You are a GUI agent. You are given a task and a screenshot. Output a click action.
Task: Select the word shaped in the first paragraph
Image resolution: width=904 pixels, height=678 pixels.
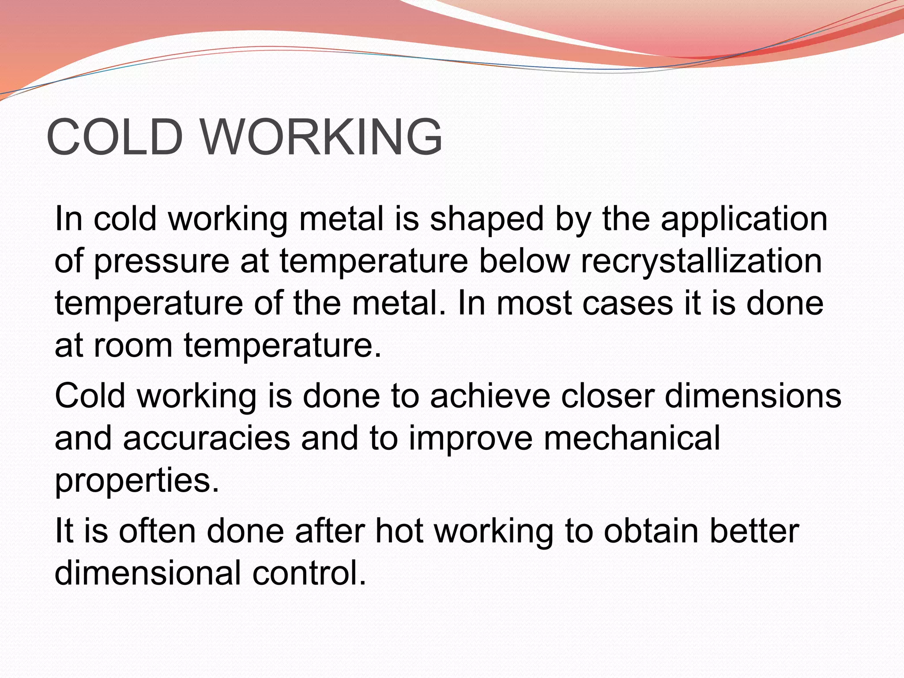[486, 219]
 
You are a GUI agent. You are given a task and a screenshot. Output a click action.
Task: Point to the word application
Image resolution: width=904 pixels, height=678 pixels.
[744, 219]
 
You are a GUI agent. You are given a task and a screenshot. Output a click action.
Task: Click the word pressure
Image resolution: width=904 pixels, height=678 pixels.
[162, 262]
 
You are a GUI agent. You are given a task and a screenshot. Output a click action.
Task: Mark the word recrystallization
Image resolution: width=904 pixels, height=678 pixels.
[701, 262]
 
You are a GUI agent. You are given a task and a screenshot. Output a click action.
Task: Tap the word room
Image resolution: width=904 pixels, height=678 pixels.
[133, 346]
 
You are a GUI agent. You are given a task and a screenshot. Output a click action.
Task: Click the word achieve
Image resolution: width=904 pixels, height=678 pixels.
[490, 395]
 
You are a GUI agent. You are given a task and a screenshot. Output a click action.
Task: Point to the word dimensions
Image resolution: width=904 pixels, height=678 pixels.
[753, 395]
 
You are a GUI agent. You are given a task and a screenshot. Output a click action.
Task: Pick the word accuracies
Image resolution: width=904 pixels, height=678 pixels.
[207, 438]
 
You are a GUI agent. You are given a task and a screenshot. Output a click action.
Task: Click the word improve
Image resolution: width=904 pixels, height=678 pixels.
[471, 439]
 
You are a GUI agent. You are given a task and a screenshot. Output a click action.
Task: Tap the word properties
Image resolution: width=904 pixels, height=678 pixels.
[137, 481]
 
